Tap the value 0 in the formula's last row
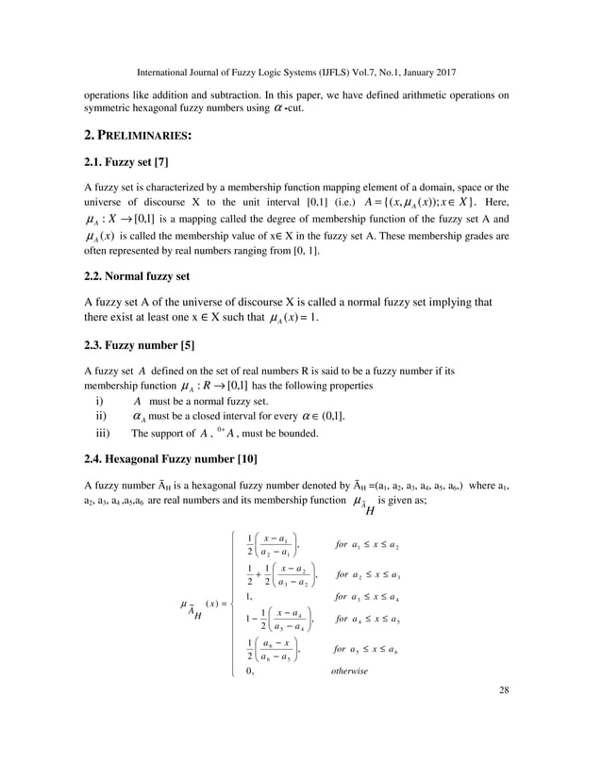(248, 671)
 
